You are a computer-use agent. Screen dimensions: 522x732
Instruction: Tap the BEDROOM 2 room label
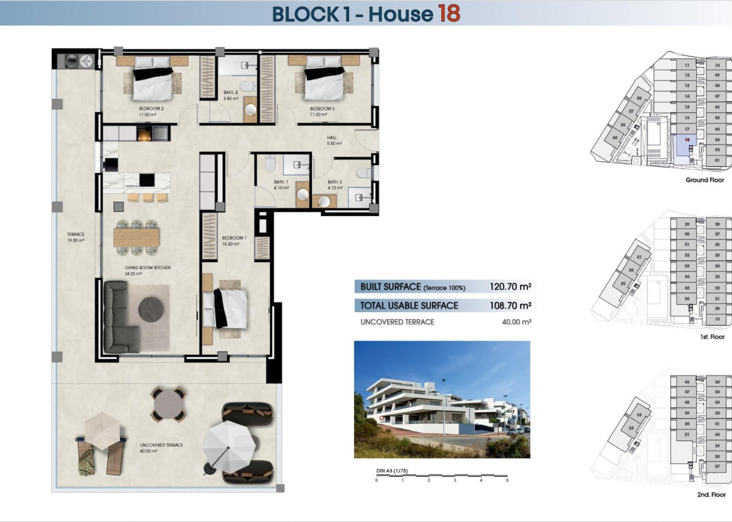143,111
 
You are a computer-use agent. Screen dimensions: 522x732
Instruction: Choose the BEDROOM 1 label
234,241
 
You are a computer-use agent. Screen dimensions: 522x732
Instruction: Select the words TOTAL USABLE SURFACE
409,306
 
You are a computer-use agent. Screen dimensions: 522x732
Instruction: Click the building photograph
442,399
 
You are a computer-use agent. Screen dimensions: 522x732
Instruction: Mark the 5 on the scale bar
507,481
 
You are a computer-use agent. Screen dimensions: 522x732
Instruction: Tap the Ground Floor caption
705,180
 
